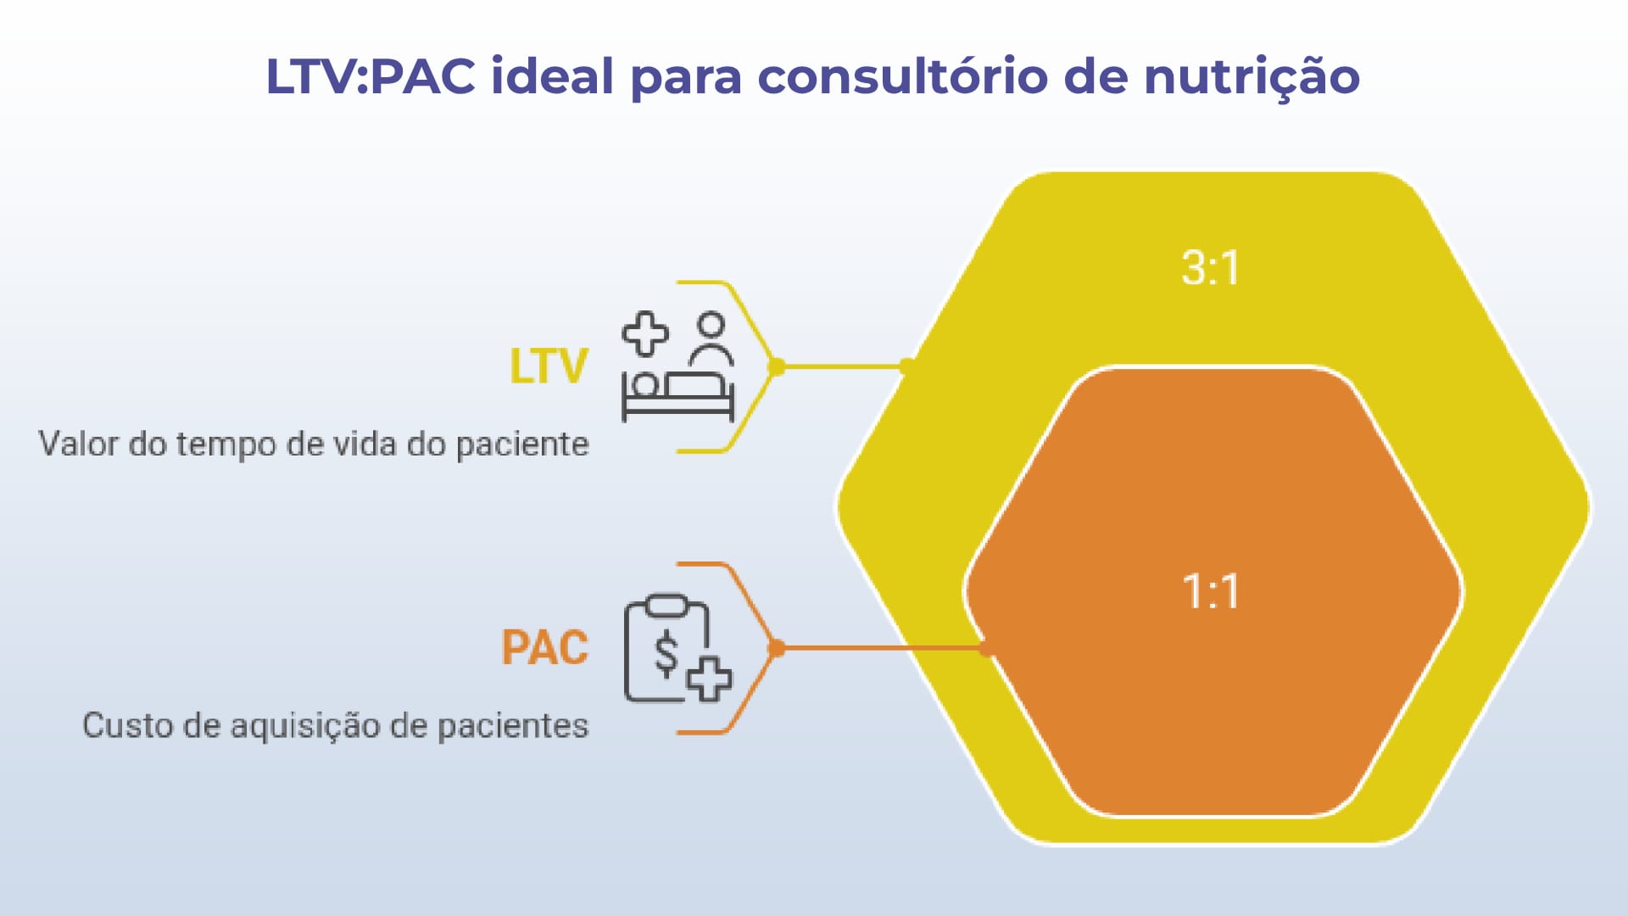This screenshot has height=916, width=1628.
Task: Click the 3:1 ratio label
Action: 1210,268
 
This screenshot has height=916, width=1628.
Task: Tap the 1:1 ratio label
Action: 1210,591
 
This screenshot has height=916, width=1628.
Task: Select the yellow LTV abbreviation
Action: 548,366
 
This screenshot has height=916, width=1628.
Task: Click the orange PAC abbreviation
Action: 544,648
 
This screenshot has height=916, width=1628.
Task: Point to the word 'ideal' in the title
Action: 552,76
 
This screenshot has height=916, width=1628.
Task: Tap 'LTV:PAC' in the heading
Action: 371,76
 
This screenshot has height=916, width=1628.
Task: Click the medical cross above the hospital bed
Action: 645,333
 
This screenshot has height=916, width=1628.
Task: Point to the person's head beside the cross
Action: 711,325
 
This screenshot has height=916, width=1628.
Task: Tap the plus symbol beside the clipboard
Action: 709,679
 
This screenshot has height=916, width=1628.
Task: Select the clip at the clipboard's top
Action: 668,606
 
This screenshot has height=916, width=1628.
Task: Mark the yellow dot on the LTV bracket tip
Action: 776,366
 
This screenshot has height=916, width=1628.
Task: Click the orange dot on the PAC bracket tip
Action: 776,648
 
